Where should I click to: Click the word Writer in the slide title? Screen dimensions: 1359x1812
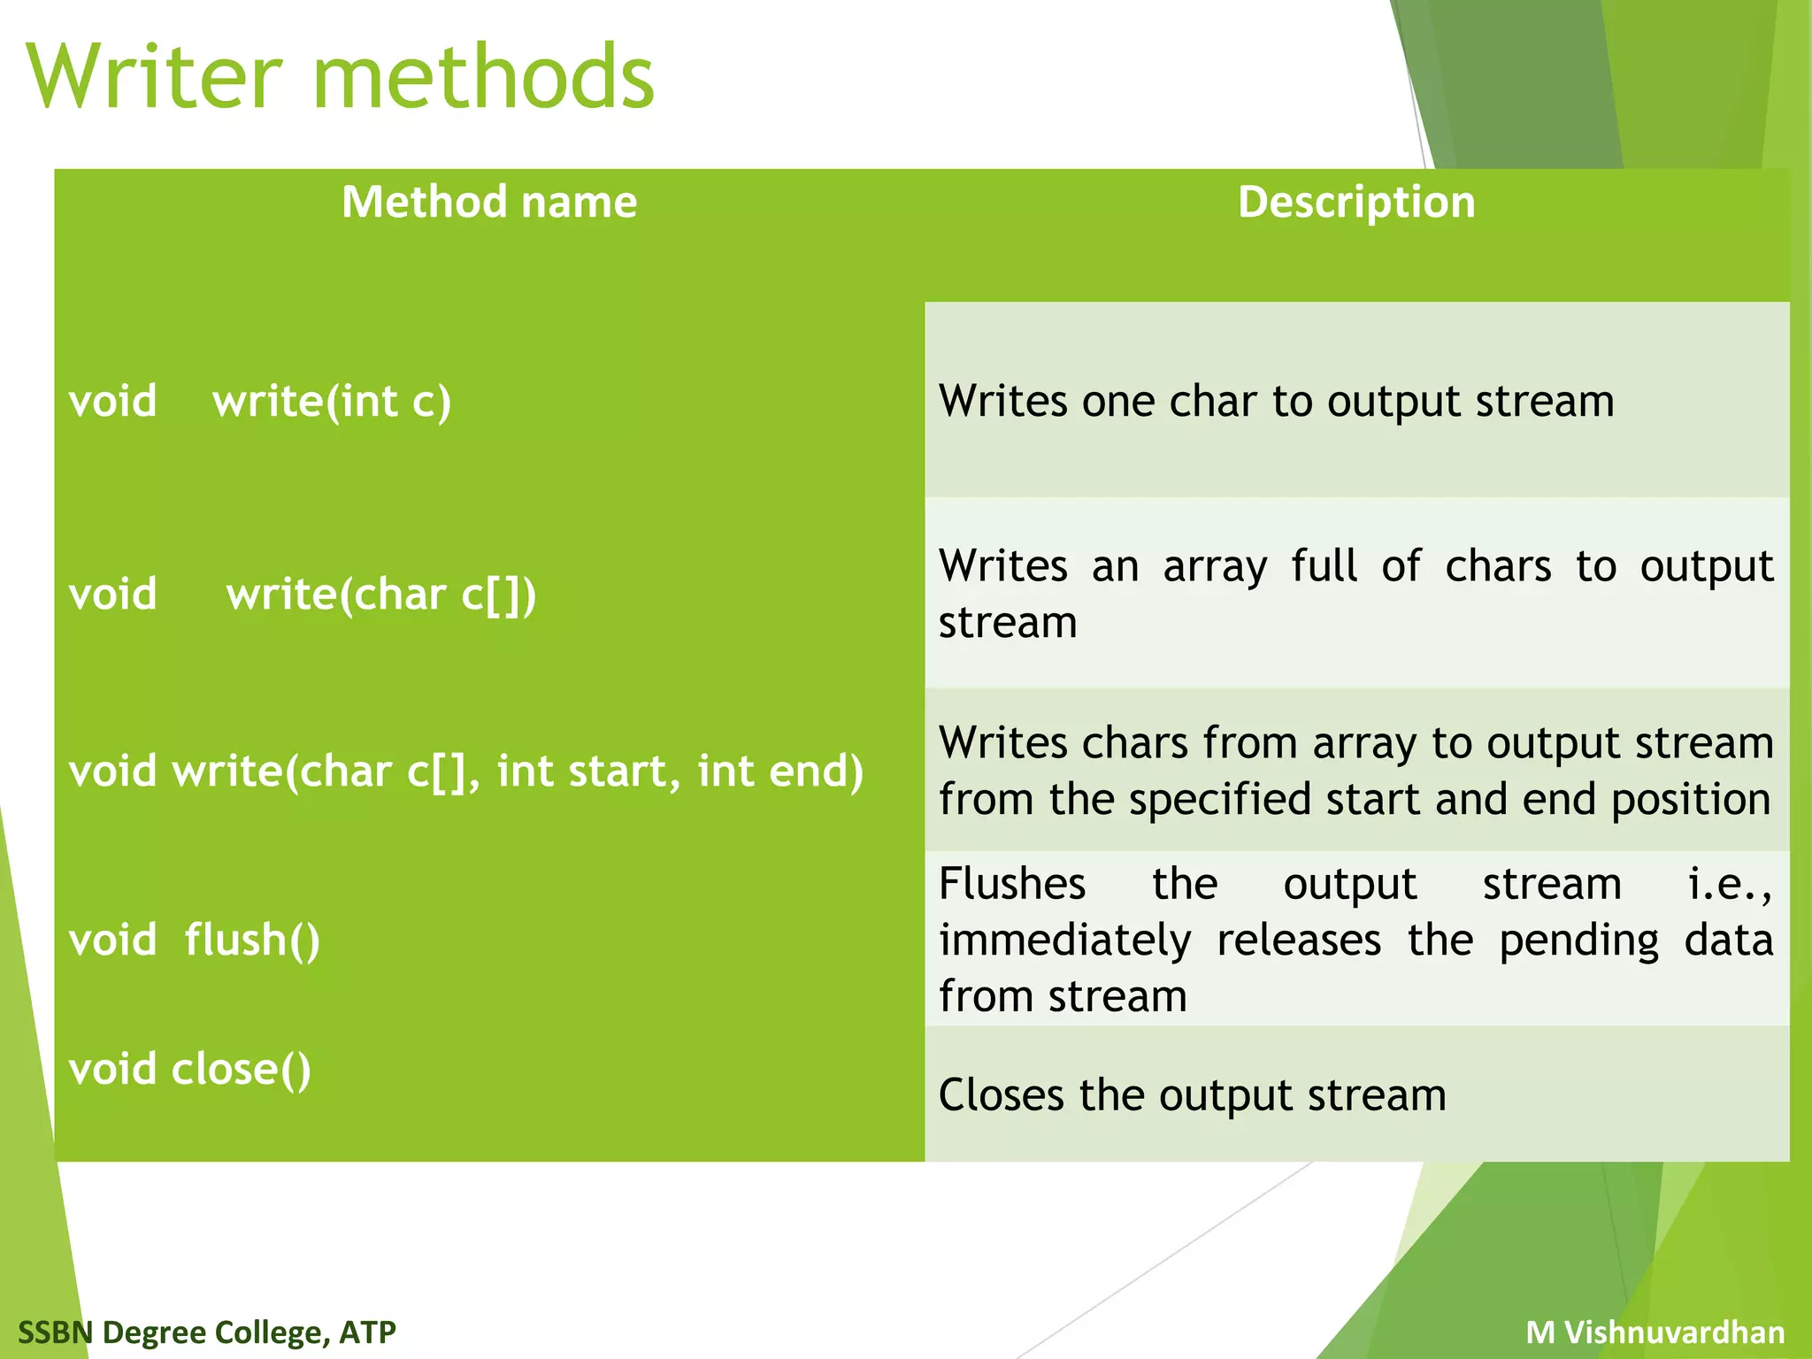pos(155,78)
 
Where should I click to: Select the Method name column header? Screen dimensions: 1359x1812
pos(489,202)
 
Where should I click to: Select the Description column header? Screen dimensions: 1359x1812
pos(1356,202)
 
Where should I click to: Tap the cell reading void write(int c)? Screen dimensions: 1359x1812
pos(260,401)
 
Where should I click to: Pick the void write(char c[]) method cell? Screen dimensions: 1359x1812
pos(303,594)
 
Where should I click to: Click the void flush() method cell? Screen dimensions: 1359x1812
pos(195,940)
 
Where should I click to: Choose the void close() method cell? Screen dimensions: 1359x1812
pos(190,1069)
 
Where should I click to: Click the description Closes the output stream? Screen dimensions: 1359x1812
pos(1192,1095)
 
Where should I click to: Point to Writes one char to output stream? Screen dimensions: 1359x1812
pos(1276,401)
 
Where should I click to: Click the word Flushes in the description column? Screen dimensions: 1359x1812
pos(1012,883)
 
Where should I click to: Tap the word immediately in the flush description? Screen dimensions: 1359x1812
pos(1064,940)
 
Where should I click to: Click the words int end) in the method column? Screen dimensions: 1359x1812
pos(779,771)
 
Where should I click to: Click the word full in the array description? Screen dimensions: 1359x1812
pos(1324,566)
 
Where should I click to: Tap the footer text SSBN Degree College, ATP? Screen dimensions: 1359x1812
pos(207,1332)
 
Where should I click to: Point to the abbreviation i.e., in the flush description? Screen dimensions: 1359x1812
pos(1730,883)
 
